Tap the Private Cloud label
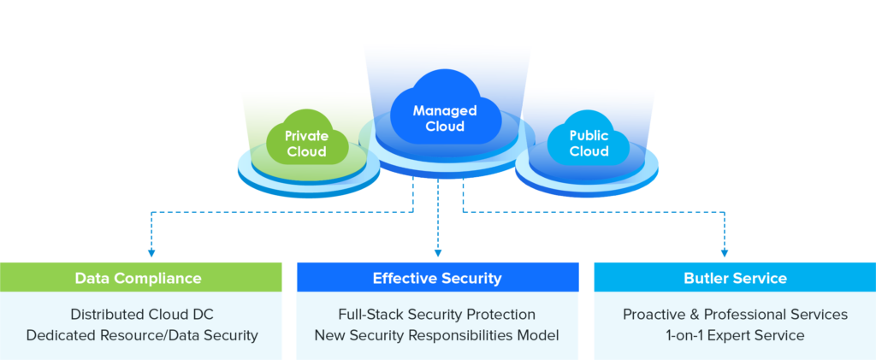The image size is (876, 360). point(306,144)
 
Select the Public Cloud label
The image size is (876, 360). point(589,144)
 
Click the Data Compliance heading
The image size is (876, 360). point(138,279)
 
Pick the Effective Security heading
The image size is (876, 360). point(437,279)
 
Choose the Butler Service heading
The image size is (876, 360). point(735,279)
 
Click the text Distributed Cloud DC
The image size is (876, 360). point(141,315)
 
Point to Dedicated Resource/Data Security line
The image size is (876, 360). point(142,335)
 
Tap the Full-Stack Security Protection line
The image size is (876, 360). point(437,315)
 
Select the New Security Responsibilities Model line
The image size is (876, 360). point(437,335)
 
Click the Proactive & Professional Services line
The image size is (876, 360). point(735,315)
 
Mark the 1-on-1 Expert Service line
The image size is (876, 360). point(735,335)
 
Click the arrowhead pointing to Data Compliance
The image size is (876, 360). point(151,253)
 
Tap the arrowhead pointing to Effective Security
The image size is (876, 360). point(438,253)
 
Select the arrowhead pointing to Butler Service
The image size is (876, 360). point(725,253)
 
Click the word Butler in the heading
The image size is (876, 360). point(706,279)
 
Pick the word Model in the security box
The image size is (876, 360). point(538,335)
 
